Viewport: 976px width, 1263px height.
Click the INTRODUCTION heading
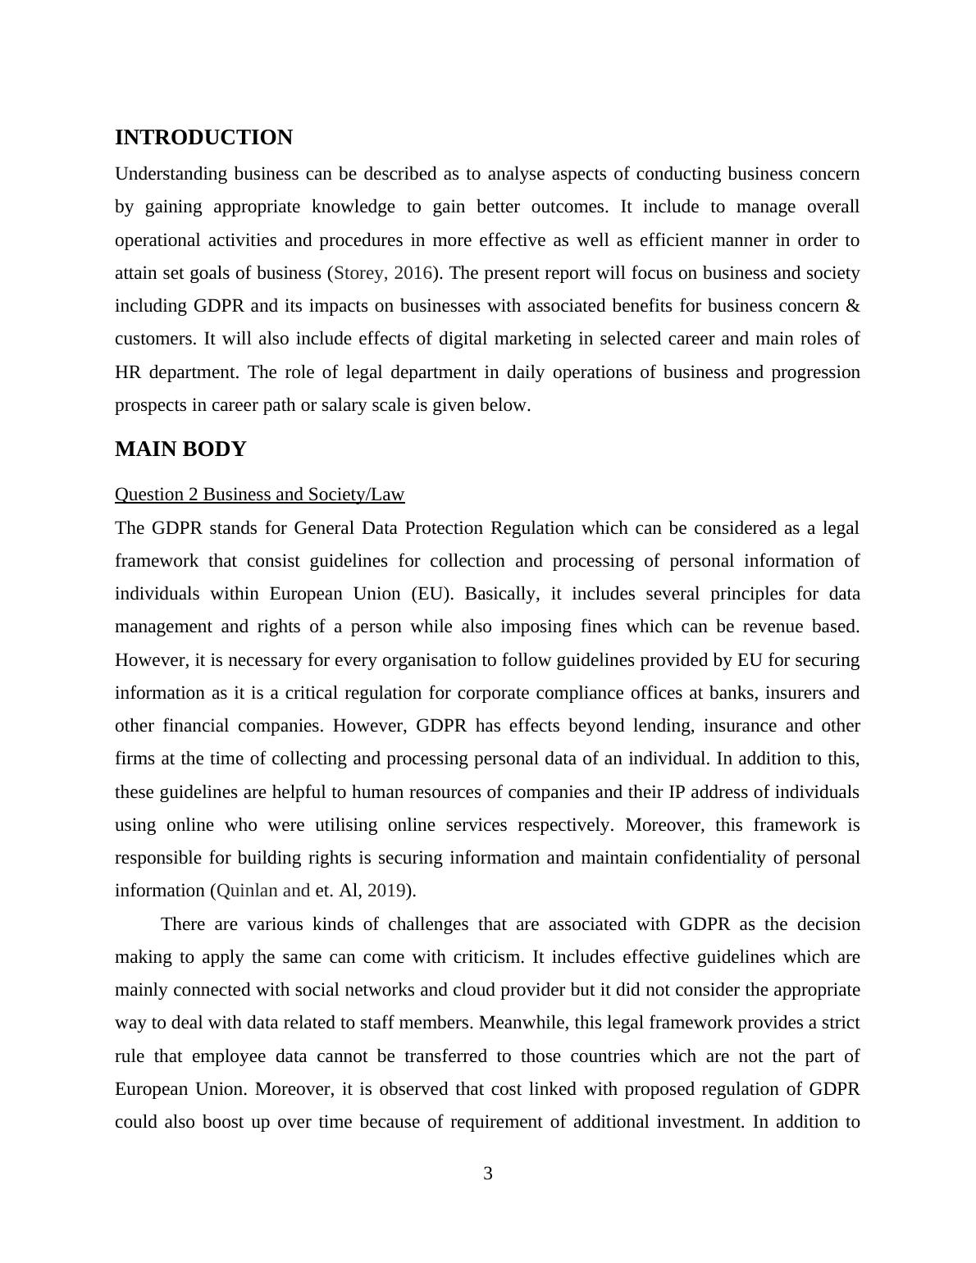(x=203, y=138)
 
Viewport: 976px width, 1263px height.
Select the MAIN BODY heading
(x=180, y=449)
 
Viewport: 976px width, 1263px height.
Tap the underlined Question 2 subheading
(x=259, y=495)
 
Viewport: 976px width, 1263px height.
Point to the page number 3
(x=488, y=1174)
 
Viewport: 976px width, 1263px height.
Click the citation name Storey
(x=358, y=273)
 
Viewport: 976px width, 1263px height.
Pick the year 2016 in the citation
(x=413, y=273)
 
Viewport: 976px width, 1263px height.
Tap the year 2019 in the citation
(x=386, y=891)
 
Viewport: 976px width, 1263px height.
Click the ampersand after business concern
(x=852, y=306)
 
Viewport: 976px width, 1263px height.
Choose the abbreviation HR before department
(x=128, y=372)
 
